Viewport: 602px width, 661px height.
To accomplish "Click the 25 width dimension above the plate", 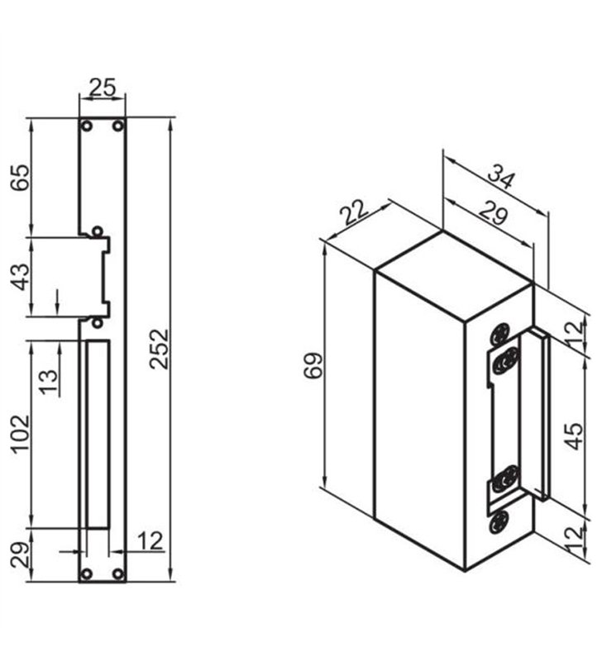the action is [103, 88].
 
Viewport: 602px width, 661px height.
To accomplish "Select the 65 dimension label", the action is [21, 178].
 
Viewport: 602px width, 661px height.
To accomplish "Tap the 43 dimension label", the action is [21, 277].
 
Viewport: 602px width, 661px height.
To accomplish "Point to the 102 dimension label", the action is [21, 434].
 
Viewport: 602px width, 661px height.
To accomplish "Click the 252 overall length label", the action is [160, 349].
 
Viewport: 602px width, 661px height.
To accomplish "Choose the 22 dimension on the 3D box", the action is [356, 212].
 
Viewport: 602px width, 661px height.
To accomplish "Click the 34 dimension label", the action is [501, 177].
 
